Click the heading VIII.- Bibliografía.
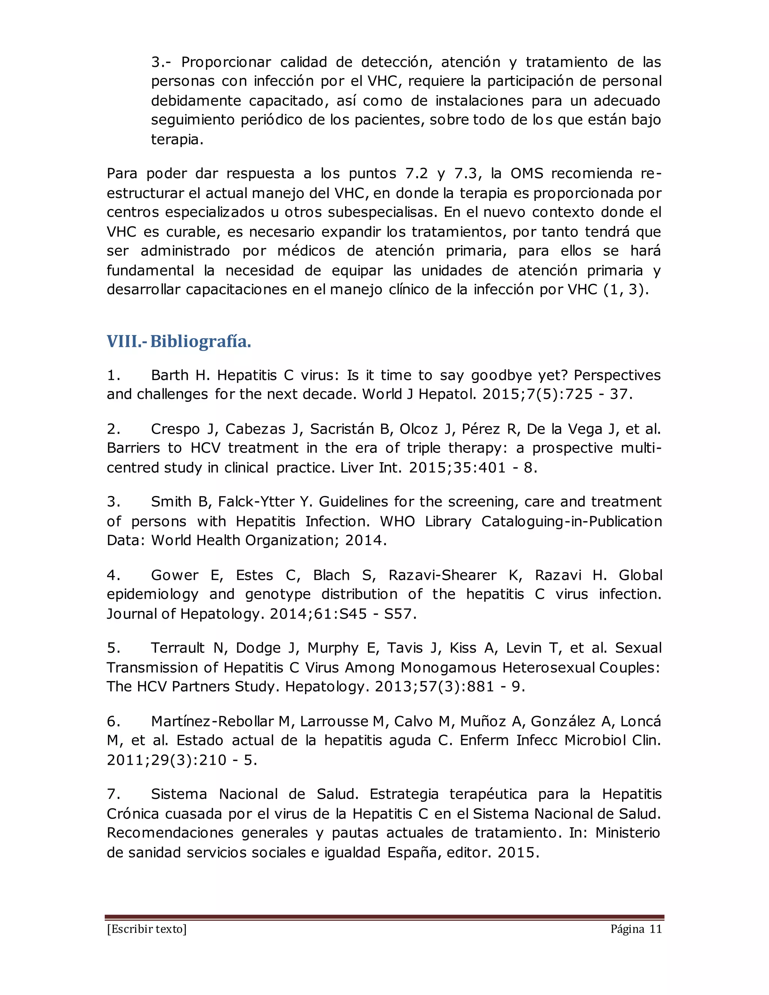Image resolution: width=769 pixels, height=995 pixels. pos(179,341)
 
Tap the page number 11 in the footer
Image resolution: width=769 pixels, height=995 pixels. pos(655,929)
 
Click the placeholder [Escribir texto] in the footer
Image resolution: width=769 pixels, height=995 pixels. pos(147,929)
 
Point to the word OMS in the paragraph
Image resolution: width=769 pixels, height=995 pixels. pos(527,173)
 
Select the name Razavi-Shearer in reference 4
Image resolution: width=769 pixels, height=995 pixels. pos(442,575)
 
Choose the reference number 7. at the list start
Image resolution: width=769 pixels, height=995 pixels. pos(113,794)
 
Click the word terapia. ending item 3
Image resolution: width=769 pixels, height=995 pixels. pos(177,139)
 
